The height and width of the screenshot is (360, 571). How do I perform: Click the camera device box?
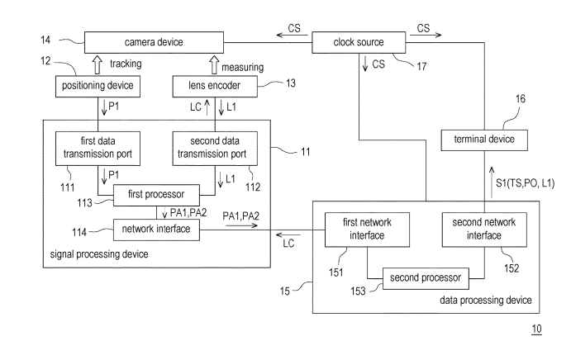point(153,41)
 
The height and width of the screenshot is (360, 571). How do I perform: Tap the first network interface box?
point(354,228)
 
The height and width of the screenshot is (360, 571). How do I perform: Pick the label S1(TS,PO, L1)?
point(516,182)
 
